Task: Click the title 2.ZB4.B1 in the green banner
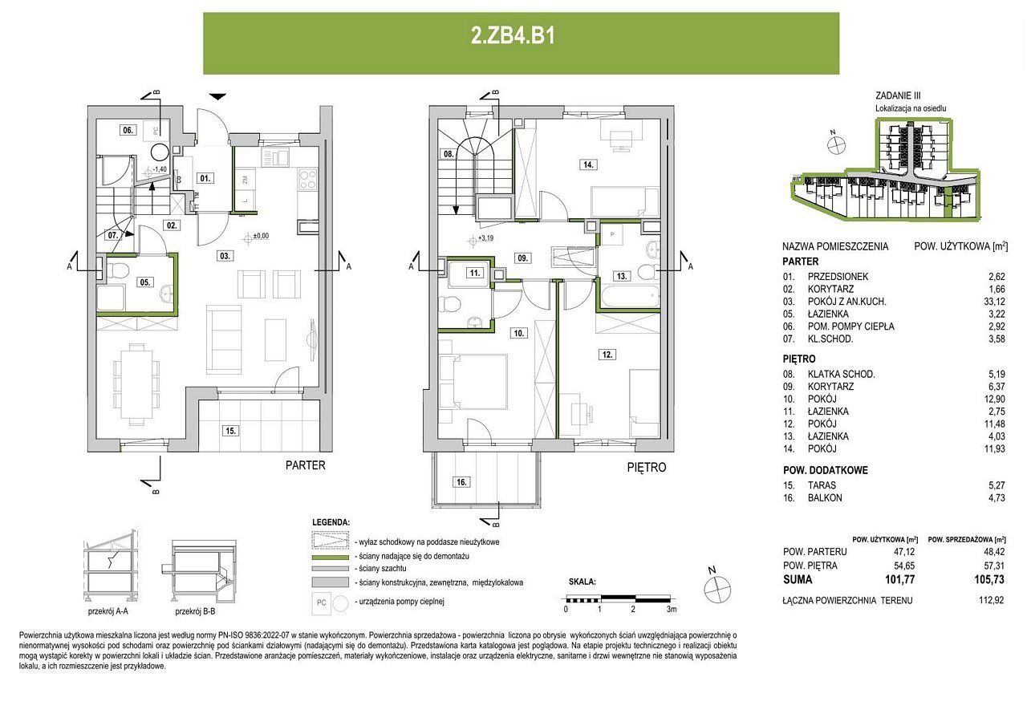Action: tap(513, 36)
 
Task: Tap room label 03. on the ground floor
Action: tap(225, 256)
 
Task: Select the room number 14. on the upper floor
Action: tap(588, 164)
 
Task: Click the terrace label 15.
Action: tap(230, 431)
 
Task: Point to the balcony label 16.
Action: tap(461, 481)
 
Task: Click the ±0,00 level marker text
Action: tap(261, 236)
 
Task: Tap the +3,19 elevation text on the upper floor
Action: tap(485, 238)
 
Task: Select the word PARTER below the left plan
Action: tap(306, 465)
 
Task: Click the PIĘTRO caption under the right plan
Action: tap(647, 468)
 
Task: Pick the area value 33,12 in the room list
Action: tap(995, 302)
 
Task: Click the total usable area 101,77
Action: tap(900, 580)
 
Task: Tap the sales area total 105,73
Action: tap(989, 580)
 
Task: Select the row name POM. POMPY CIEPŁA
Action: tap(850, 326)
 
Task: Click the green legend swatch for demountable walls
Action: tap(330, 557)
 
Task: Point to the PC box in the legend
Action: tap(322, 602)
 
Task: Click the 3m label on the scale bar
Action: tap(672, 609)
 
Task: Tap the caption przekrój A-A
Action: tap(108, 611)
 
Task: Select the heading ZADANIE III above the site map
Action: tap(898, 95)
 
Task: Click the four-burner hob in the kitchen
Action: tap(307, 179)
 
